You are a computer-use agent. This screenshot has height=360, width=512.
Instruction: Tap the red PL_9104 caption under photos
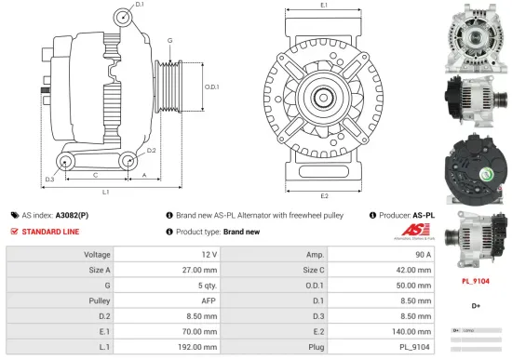[x=475, y=280]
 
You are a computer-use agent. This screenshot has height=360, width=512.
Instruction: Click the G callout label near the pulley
[x=169, y=41]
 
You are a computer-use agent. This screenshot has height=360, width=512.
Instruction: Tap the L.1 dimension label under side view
[x=105, y=192]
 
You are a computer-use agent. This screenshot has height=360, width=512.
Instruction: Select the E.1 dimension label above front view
[x=323, y=6]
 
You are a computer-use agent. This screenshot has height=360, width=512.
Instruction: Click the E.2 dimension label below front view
[x=324, y=196]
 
